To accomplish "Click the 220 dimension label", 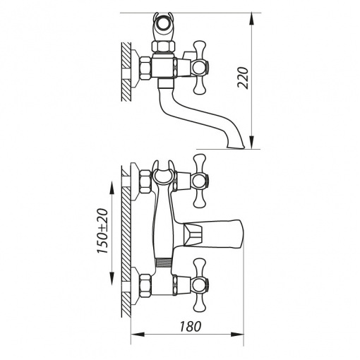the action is tap(244, 78).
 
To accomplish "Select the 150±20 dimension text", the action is tap(103, 231).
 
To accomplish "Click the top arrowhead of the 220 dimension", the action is tap(251, 19).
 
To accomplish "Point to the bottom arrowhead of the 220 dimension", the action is tap(251, 143).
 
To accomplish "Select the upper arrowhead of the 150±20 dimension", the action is tap(112, 187).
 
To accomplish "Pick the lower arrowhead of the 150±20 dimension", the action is tap(112, 279).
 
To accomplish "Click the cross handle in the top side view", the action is tap(200, 68).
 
